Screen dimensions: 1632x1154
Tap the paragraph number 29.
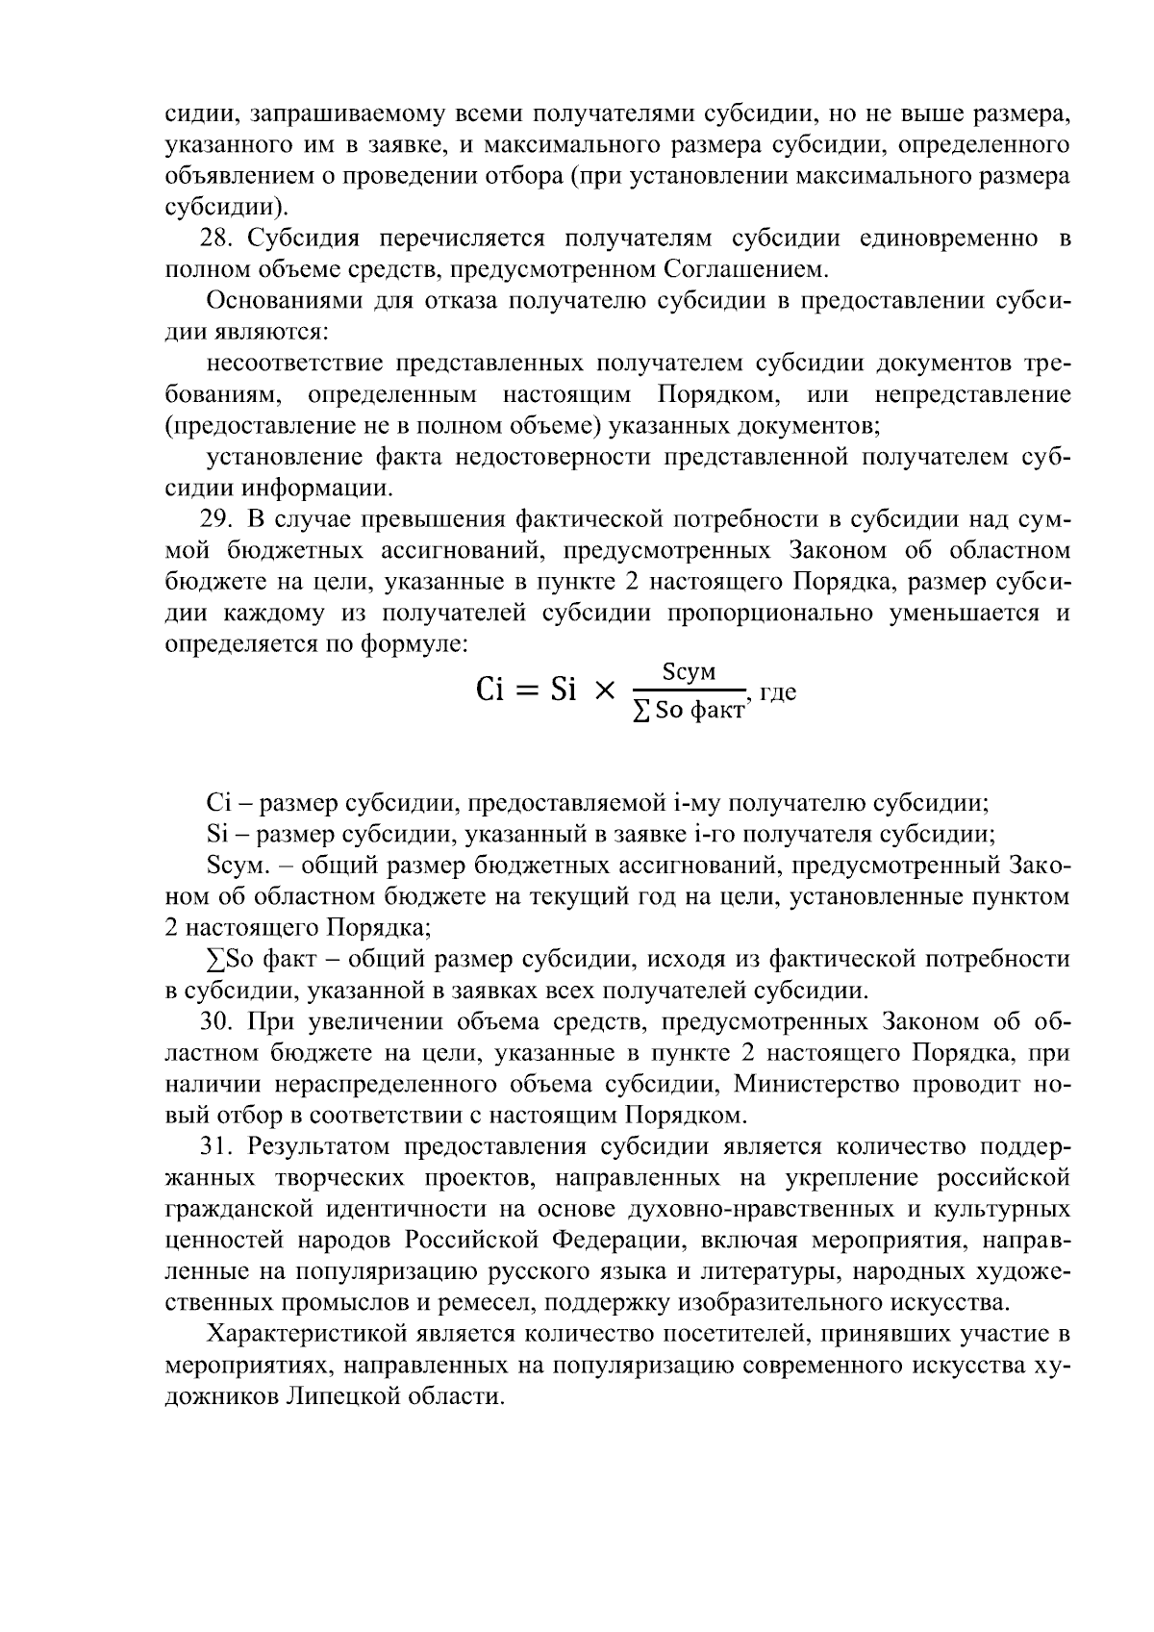point(215,520)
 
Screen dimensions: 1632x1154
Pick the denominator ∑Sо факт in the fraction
point(689,713)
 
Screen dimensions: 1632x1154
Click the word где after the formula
point(778,690)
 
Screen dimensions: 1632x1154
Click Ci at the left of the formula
point(490,690)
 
